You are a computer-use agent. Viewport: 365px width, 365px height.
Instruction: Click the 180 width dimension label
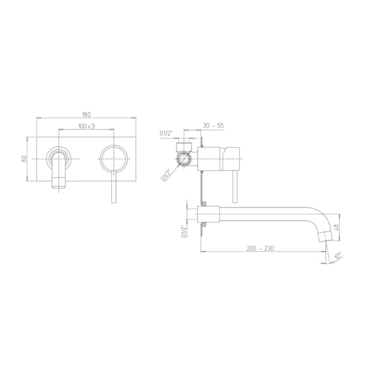click(86, 114)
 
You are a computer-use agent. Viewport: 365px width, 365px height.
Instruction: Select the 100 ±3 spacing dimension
click(86, 127)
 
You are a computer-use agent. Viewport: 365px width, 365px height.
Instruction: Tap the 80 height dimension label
click(24, 159)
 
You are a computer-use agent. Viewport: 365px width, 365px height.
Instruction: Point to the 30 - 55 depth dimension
click(214, 125)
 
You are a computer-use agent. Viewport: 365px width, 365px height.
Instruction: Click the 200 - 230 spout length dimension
click(260, 248)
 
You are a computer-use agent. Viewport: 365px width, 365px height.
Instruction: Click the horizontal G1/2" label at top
click(166, 133)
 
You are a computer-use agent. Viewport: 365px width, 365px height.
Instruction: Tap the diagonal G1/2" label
click(166, 175)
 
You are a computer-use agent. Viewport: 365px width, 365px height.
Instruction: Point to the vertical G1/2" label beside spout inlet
click(184, 231)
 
